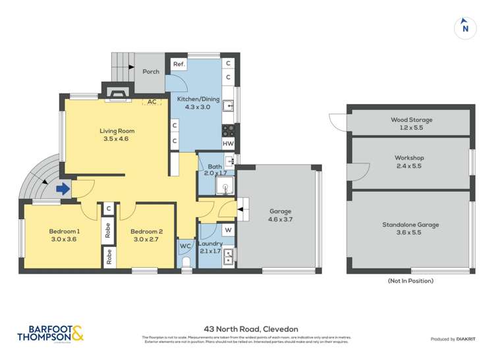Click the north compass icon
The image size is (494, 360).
click(465, 27)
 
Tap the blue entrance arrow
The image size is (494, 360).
click(63, 190)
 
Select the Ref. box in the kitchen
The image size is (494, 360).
click(178, 64)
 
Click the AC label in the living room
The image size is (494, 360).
click(152, 102)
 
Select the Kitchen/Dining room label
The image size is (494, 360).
click(193, 98)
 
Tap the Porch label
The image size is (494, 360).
click(151, 71)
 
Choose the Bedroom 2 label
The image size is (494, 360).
click(146, 232)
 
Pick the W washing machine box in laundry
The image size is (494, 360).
click(228, 230)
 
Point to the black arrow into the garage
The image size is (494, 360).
click(239, 210)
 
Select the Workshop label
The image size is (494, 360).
click(410, 158)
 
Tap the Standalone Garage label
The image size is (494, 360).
click(410, 224)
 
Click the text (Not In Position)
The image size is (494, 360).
click(410, 281)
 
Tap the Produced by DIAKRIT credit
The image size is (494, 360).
click(452, 338)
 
